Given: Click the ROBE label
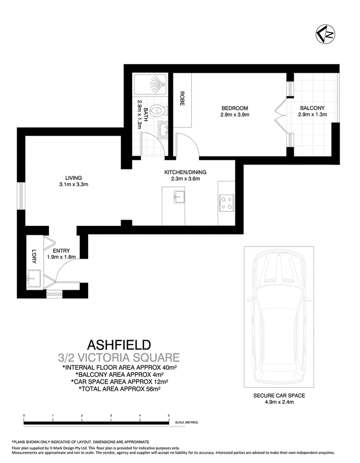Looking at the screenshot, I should point(182,99).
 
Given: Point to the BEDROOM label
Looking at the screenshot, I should point(235,108).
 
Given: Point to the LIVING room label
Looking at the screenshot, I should point(73,177).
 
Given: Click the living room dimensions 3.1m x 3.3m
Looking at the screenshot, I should point(73,184).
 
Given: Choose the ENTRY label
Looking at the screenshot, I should point(61,251).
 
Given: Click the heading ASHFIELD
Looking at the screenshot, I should point(118,346).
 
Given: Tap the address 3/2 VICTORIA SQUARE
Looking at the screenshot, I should point(119,358).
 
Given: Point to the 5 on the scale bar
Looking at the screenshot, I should point(169,415).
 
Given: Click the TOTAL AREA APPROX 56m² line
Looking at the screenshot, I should point(119,387).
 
